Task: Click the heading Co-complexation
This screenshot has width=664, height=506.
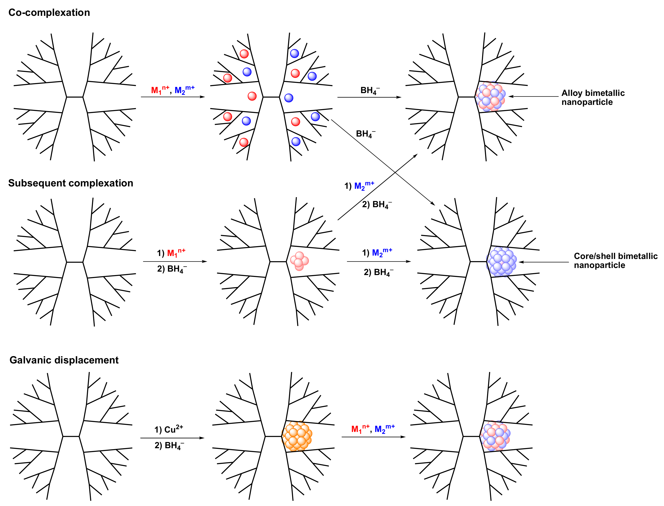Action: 49,13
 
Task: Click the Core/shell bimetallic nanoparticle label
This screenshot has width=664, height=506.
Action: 615,260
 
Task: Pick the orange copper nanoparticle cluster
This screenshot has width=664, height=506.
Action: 297,436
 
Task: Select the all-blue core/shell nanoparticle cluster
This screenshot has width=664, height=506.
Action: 501,261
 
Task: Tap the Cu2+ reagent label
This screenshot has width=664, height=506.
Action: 169,429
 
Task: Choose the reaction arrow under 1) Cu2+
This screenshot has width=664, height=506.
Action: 172,438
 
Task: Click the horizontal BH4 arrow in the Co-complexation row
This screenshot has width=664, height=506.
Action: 369,97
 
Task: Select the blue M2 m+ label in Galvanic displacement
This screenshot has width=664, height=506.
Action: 384,428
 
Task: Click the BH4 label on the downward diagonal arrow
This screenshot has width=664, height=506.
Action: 365,134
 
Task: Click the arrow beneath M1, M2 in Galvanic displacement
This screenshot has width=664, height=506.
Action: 373,437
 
